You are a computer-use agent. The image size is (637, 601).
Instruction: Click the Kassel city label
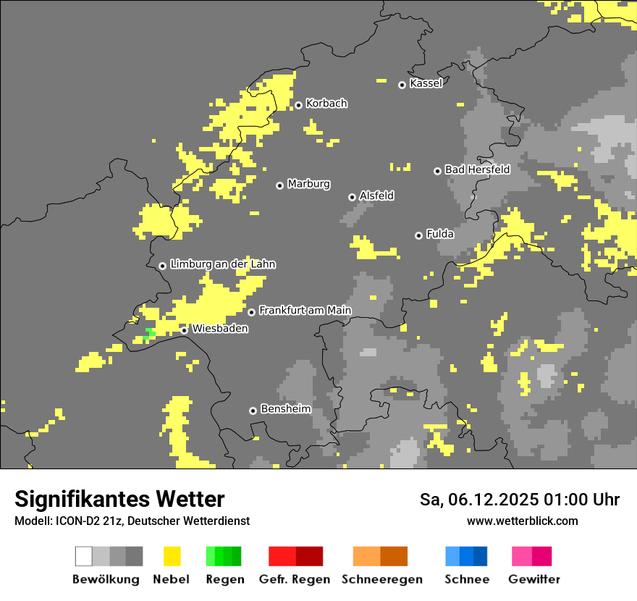pos(426,83)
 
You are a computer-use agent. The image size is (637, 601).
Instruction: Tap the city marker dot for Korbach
pos(298,105)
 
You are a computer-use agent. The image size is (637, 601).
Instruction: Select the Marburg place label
pos(308,184)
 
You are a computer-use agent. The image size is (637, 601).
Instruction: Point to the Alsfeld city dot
pos(352,197)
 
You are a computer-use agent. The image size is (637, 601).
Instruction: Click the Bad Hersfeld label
pos(477,169)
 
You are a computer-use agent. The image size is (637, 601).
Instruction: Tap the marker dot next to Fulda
pos(418,235)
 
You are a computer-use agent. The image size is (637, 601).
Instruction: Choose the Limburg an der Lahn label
pos(222,264)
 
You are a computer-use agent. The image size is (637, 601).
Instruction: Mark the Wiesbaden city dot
pos(185,330)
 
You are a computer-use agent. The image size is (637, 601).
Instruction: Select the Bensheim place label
pos(285,409)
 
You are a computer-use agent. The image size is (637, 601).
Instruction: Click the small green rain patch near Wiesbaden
pos(149,334)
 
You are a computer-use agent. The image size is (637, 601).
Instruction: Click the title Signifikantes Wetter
pos(119,499)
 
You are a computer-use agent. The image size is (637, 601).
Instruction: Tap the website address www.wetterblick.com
pos(522,521)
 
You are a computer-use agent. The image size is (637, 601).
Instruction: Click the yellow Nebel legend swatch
pos(172,556)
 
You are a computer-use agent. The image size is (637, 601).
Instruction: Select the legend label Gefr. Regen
pos(294,579)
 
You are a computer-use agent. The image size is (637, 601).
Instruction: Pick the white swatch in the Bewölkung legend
pos(84,556)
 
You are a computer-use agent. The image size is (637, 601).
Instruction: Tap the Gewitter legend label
pos(533,579)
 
